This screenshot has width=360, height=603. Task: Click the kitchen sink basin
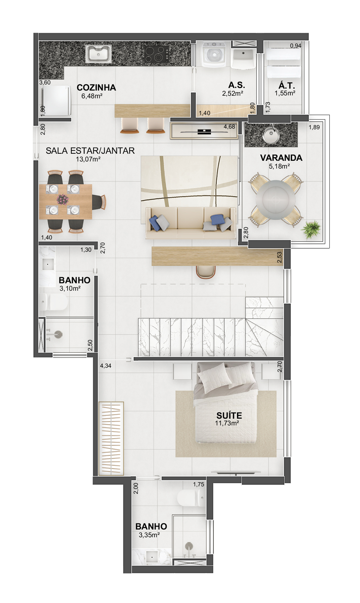98,53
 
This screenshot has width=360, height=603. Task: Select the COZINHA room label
96,88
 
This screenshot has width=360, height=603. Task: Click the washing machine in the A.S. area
214,55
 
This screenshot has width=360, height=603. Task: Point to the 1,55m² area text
285,94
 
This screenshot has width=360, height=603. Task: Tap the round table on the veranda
276,200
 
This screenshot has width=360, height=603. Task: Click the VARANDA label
281,158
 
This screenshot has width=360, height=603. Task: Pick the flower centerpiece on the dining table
63,199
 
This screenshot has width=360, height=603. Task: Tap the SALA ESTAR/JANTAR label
90,151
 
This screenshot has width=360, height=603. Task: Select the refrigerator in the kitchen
56,101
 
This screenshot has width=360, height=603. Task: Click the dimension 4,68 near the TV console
229,127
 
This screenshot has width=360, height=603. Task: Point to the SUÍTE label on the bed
229,415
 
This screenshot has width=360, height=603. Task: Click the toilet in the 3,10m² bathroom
53,302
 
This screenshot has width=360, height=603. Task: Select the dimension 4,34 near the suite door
105,366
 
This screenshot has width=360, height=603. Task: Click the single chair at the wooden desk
206,272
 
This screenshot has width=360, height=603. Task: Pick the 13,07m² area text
88,159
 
